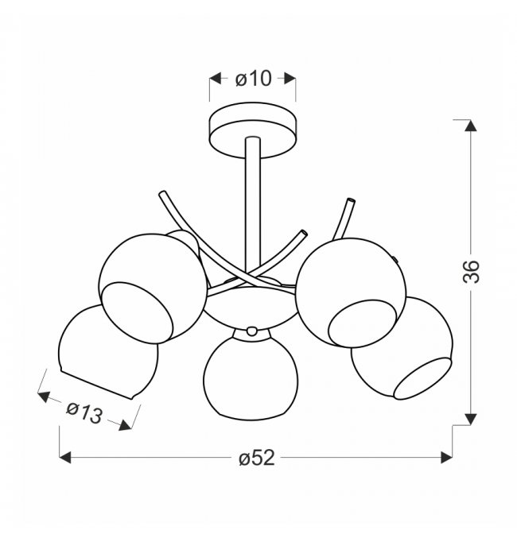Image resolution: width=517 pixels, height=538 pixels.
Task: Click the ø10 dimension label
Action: [254, 79]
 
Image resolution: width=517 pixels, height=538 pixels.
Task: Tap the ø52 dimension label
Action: [257, 458]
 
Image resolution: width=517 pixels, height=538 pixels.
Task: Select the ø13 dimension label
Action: [84, 412]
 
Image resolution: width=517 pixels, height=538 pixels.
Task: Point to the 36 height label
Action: [471, 272]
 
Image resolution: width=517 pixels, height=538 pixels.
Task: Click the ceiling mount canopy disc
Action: [252, 130]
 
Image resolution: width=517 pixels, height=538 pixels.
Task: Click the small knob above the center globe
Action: [252, 331]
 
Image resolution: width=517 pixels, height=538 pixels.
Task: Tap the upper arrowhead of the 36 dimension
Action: [470, 126]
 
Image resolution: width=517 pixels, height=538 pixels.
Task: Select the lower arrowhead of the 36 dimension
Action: [470, 420]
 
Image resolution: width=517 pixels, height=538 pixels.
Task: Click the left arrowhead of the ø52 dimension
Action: [65, 458]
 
